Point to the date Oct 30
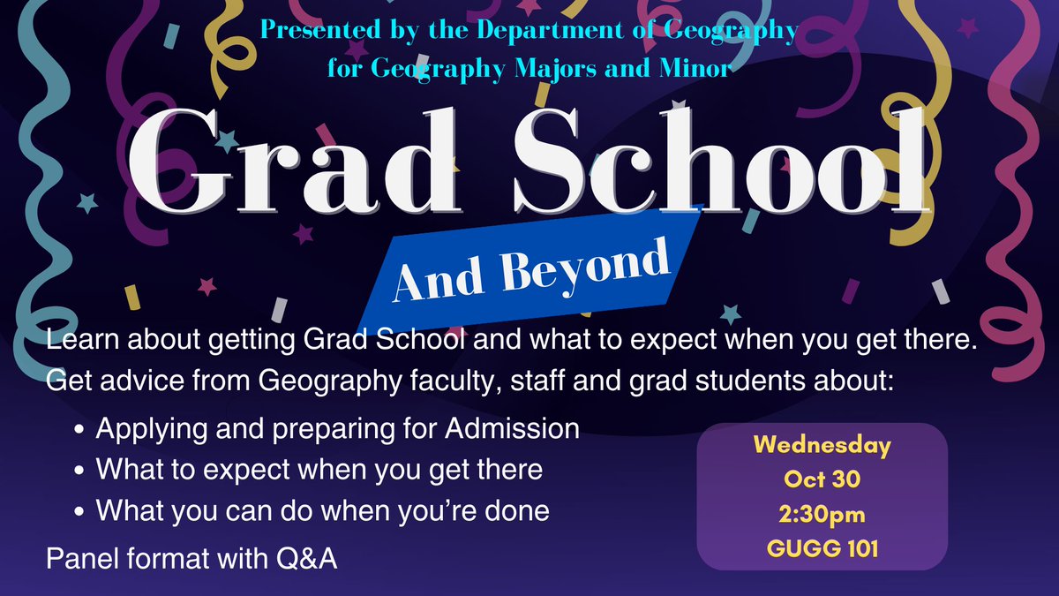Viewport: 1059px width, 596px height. click(822, 479)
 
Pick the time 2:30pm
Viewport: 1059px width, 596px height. click(822, 514)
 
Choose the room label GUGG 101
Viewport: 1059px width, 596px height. click(822, 548)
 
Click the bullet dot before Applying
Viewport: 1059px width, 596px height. click(81, 431)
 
